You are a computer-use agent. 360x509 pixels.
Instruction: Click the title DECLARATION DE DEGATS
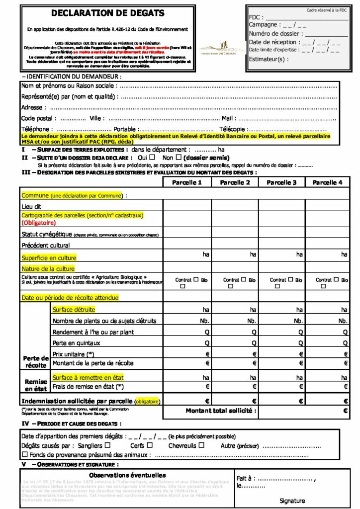(108, 13)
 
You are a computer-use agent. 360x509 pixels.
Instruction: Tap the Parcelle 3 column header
(281, 182)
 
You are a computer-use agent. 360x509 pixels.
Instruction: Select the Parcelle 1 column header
(187, 182)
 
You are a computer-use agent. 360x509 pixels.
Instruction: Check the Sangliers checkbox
(107, 445)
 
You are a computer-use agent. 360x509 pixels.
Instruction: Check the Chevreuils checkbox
(201, 445)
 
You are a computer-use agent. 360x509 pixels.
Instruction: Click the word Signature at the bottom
(292, 501)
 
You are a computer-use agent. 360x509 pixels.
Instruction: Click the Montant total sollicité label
(221, 411)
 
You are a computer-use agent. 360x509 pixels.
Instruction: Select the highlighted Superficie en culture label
(49, 258)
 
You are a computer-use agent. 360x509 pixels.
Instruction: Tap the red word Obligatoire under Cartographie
(38, 223)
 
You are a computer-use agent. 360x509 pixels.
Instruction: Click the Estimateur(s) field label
(268, 59)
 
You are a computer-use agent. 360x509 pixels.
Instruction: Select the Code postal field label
(38, 118)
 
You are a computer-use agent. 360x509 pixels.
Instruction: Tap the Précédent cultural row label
(46, 245)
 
